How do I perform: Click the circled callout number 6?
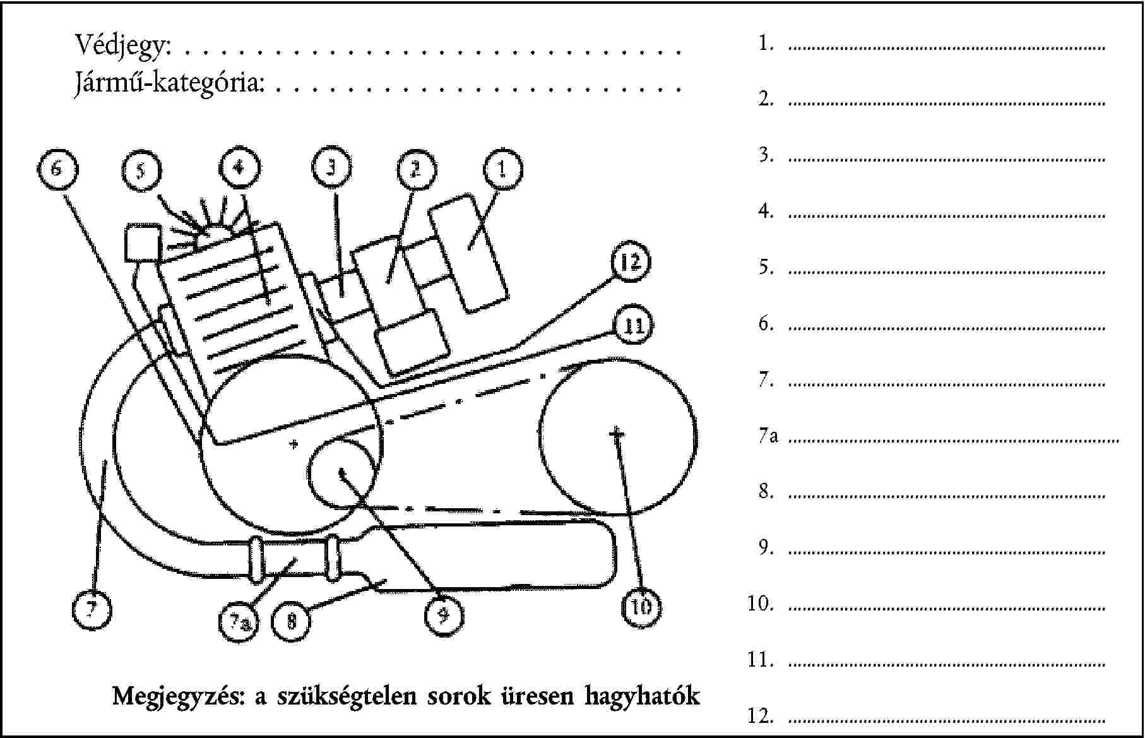tap(57, 169)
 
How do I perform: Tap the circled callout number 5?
tap(141, 170)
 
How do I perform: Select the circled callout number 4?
tap(239, 168)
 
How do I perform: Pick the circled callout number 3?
tap(331, 168)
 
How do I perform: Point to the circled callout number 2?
tap(416, 169)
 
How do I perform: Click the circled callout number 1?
tap(502, 169)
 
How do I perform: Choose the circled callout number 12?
tap(630, 262)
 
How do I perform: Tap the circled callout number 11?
tap(633, 326)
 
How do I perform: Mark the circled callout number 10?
tap(641, 607)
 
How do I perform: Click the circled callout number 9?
tap(443, 615)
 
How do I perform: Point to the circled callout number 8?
tap(291, 622)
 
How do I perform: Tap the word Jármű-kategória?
tap(169, 83)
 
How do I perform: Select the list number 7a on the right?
tap(768, 436)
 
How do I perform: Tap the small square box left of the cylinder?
tap(143, 242)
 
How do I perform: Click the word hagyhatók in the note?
tap(642, 696)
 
